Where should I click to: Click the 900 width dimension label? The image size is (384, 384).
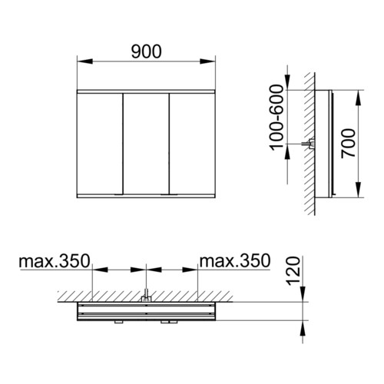(x=147, y=51)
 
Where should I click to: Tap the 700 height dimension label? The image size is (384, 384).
(x=349, y=144)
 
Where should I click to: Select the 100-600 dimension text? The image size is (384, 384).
(x=277, y=118)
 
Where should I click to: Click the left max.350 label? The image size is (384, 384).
(x=55, y=261)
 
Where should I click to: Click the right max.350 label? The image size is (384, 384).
(x=235, y=261)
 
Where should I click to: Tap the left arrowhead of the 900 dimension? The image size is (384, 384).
(x=84, y=61)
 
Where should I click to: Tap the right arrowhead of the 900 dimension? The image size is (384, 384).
(x=207, y=61)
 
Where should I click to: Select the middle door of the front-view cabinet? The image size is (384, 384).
(x=146, y=144)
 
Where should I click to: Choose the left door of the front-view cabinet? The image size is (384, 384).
(x=100, y=144)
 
